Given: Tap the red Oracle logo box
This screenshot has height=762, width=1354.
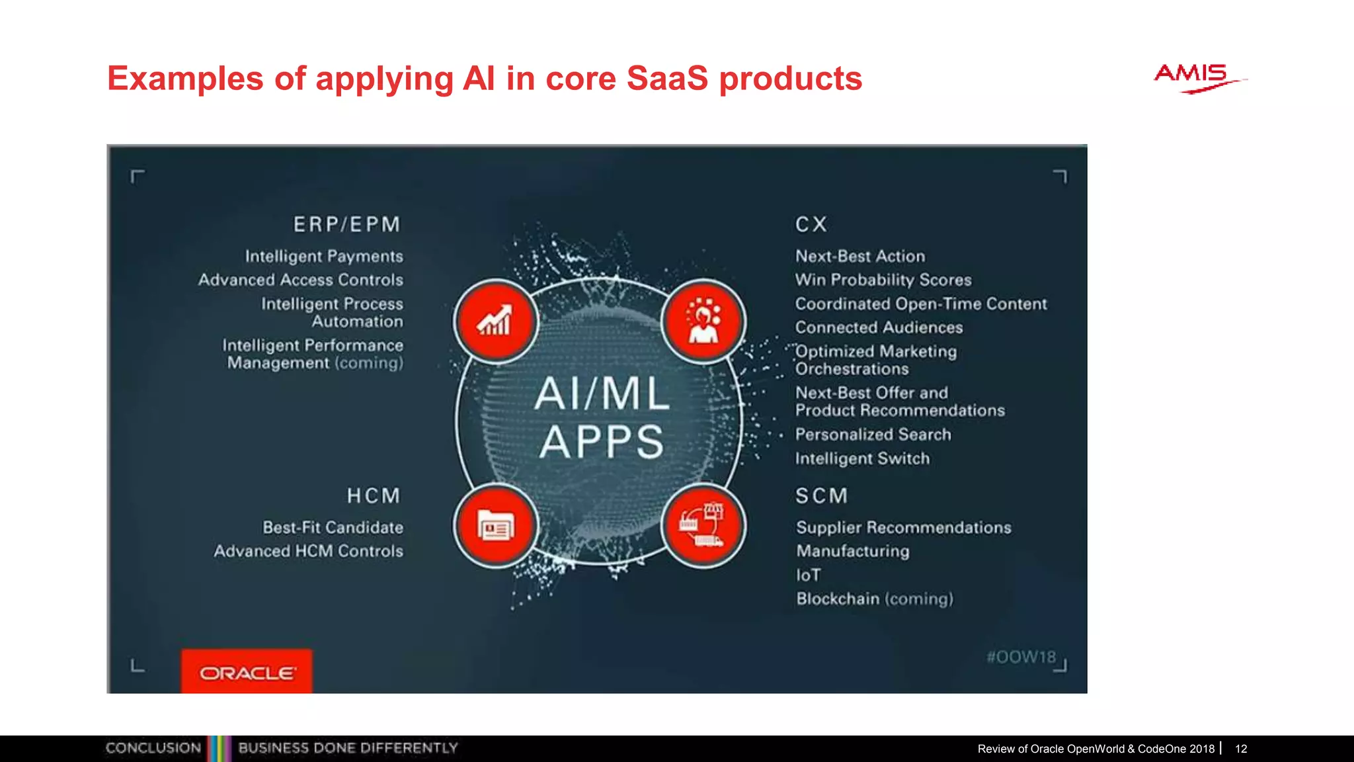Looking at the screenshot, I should [247, 672].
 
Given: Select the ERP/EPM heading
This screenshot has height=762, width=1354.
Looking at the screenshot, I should [347, 225].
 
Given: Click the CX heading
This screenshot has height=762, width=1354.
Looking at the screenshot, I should [811, 225].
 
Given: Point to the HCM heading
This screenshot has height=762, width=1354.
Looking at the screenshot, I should [374, 496].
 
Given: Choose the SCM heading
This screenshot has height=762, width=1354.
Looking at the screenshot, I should [821, 496].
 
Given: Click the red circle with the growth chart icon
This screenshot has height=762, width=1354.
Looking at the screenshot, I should [496, 321].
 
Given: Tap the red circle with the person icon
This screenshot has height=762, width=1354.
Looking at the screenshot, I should [703, 321].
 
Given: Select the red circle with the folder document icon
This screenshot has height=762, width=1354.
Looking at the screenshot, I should [496, 527].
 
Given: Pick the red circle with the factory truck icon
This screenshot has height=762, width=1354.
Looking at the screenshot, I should [703, 527].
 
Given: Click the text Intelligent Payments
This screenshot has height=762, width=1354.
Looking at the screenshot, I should [324, 257].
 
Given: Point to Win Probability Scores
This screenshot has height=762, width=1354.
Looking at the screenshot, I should [883, 280].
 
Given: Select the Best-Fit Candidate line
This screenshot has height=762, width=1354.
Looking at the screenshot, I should [333, 528].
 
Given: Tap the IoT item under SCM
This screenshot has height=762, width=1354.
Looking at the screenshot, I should [809, 575].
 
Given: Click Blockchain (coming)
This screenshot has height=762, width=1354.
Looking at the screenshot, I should [874, 599].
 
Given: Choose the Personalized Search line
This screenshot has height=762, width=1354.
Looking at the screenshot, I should [873, 435].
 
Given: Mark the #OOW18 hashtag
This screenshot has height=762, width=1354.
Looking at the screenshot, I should [1021, 657].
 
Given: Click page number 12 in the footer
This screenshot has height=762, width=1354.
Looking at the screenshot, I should [1241, 749].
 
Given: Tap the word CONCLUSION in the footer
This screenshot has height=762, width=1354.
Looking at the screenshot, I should [153, 748].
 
